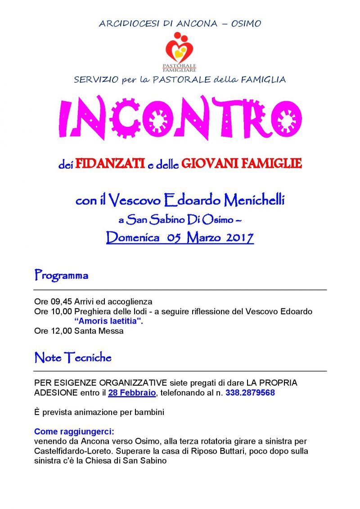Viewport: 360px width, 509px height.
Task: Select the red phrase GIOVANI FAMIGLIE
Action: click(x=241, y=164)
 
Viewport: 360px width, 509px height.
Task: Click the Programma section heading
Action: click(x=61, y=276)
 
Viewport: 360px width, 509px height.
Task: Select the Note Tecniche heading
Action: click(x=73, y=358)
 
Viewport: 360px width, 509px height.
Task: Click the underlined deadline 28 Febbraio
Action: click(x=132, y=393)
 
